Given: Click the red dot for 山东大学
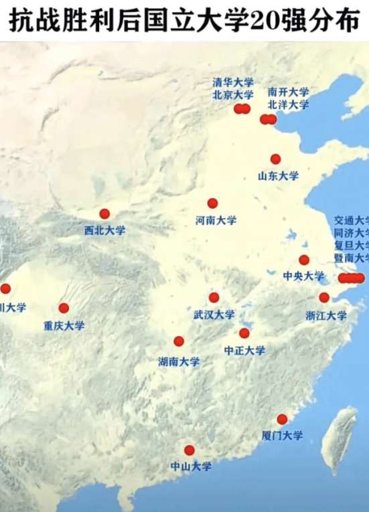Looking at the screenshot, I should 275,159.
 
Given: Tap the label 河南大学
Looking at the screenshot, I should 216,220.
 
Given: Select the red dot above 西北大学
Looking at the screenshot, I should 104,214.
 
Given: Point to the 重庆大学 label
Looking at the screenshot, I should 64,326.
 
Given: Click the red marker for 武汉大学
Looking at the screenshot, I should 214,297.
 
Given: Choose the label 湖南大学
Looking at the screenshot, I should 179,361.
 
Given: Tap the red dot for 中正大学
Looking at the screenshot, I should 244,333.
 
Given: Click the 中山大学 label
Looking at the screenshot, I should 191,466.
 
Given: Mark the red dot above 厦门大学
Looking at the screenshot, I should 282,420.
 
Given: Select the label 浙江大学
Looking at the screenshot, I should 326,315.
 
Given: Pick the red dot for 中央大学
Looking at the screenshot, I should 304,260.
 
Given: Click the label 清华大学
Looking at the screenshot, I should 233,82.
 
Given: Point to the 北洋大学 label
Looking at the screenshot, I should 288,104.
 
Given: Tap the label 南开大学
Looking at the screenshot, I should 288,92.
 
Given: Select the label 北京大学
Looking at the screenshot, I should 233,95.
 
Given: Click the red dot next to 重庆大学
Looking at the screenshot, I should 64,309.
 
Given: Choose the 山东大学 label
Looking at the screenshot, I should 278,177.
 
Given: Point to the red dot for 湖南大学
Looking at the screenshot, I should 179,341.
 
